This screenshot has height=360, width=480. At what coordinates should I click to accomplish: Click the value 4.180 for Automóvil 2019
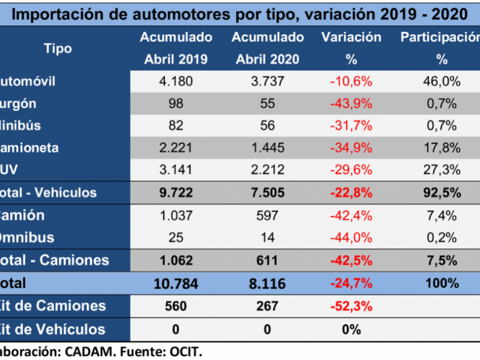[176, 81]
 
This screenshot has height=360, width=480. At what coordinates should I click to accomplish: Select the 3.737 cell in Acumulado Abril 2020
[268, 81]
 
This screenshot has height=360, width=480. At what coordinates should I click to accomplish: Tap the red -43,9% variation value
[351, 103]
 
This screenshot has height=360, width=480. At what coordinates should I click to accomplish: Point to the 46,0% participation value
[442, 81]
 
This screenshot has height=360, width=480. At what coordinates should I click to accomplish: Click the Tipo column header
[58, 48]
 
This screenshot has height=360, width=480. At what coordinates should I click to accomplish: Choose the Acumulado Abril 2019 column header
[176, 48]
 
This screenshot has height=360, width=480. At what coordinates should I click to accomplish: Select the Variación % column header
[351, 48]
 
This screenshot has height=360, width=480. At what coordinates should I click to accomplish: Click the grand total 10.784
[176, 283]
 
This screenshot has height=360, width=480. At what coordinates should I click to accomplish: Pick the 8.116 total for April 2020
[268, 283]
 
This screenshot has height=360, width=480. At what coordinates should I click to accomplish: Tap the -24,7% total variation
[351, 283]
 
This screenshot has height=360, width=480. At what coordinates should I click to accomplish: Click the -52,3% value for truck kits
[351, 306]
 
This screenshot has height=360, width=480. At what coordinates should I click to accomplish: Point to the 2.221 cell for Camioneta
[176, 148]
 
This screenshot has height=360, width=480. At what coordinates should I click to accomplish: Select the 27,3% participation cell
[442, 170]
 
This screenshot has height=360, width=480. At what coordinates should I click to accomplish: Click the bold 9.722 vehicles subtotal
[176, 193]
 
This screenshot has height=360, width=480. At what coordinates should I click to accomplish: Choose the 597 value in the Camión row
[268, 215]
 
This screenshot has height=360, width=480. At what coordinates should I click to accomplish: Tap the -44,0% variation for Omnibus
[351, 238]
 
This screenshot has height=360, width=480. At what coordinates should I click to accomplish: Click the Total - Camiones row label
[55, 260]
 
